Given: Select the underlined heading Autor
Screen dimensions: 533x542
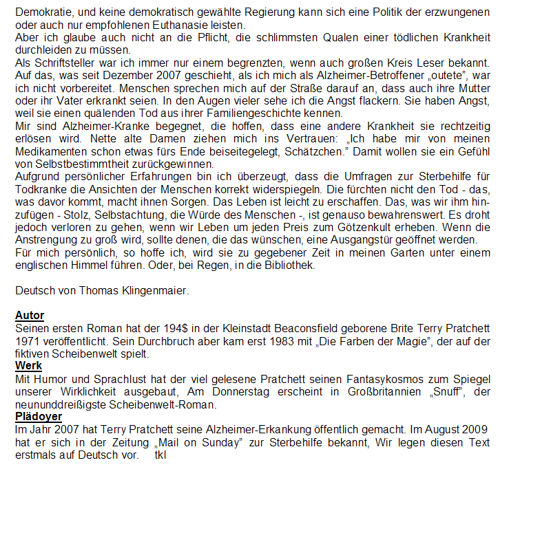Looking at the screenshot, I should [30, 316].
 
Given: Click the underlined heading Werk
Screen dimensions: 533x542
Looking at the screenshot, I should [28, 366].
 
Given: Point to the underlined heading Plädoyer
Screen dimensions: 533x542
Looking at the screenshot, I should [39, 417].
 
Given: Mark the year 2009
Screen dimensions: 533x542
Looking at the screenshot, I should [477, 429].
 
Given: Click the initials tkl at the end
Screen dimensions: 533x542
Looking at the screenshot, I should [160, 455].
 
